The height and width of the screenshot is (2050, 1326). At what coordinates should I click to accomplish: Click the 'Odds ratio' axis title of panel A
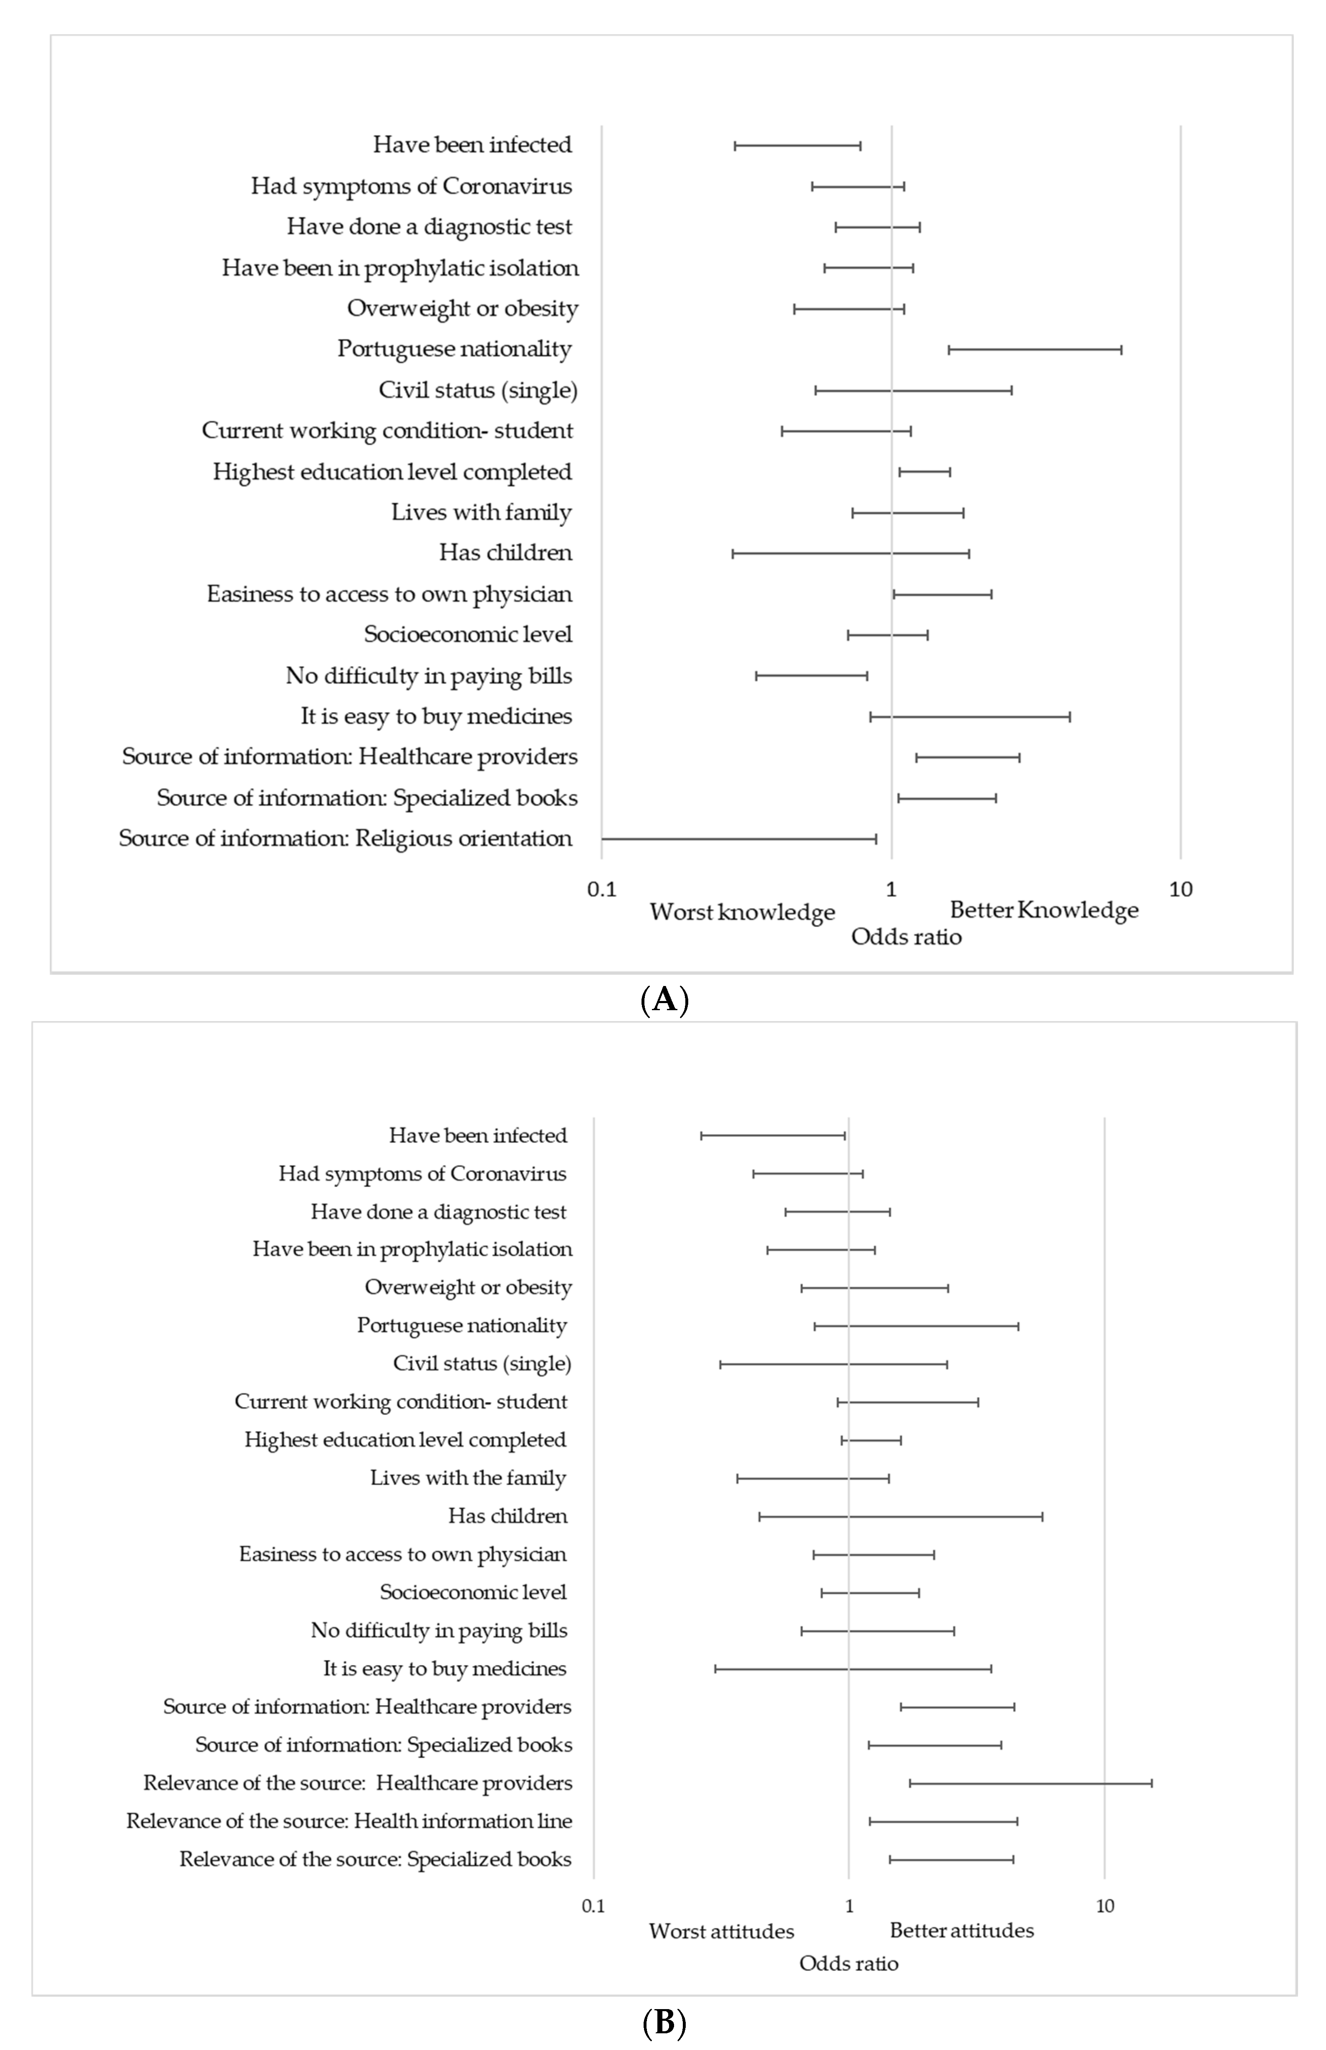[x=906, y=937]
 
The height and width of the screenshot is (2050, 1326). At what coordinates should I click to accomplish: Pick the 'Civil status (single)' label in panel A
[x=478, y=390]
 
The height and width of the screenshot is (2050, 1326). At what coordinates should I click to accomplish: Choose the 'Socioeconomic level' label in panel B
[x=473, y=1592]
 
